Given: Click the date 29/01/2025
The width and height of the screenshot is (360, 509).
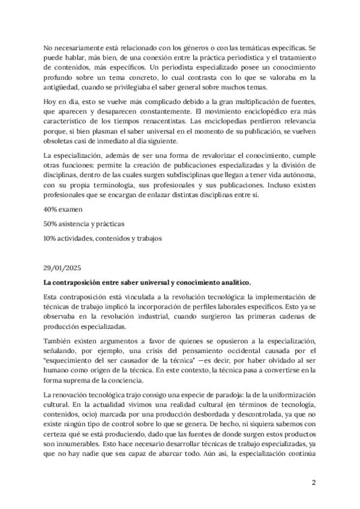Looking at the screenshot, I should (62, 268).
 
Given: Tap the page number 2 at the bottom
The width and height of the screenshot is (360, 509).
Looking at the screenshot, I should (313, 482).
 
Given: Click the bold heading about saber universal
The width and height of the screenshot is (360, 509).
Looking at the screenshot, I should (147, 282).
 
